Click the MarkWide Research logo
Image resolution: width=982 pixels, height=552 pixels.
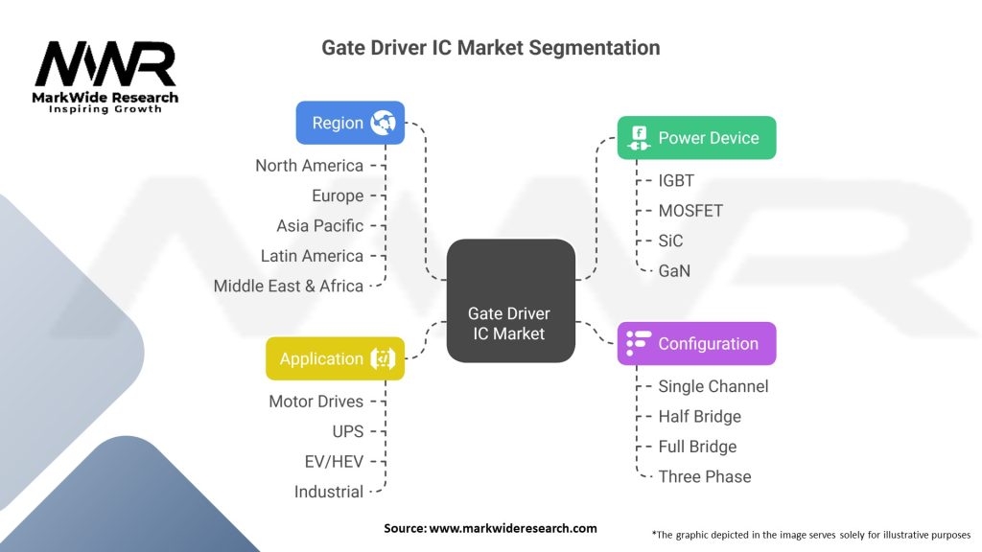105,75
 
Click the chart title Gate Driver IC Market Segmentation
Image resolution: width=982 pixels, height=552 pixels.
490,47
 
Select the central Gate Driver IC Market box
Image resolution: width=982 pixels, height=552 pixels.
510,300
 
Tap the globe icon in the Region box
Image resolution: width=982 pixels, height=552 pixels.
384,123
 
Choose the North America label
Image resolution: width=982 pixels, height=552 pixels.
309,166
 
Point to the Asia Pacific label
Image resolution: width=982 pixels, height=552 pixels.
319,226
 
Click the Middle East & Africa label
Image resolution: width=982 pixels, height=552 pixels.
288,286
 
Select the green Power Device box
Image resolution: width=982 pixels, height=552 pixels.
695,138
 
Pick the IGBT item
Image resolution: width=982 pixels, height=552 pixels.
676,180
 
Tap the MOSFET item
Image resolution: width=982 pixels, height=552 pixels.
690,210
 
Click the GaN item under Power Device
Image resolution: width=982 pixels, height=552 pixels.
674,270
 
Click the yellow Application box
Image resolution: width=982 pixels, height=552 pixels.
335,358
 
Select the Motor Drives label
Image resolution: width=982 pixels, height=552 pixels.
316,402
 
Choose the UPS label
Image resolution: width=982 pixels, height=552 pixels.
347,431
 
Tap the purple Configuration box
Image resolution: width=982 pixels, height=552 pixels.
695,343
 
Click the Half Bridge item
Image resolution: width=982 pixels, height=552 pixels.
699,417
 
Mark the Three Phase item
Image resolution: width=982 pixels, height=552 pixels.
704,476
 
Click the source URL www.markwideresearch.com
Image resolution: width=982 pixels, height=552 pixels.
513,528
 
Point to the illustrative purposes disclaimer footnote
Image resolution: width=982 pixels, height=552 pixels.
810,534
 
